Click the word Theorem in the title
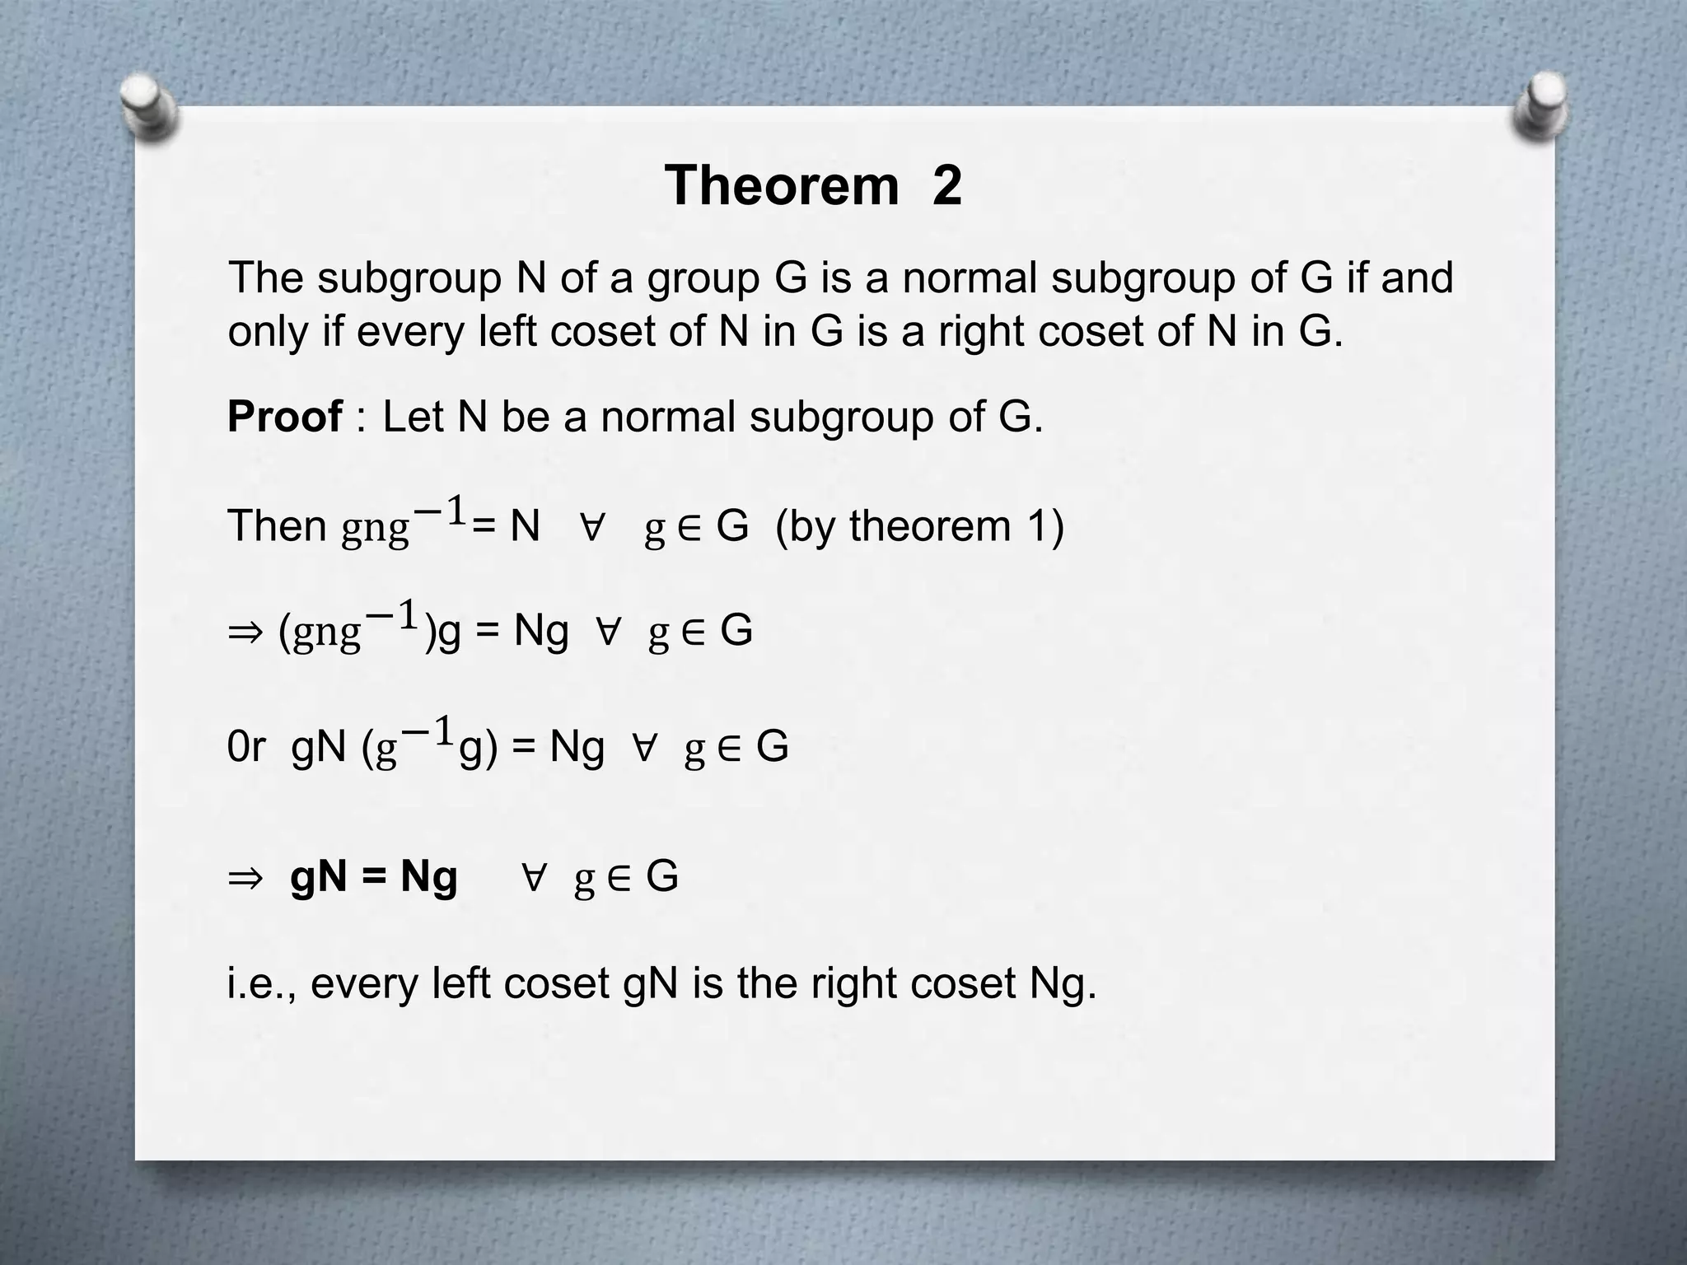click(x=782, y=185)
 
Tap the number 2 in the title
click(x=946, y=185)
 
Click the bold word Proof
click(x=284, y=416)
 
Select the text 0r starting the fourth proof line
click(x=245, y=746)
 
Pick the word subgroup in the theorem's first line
click(x=409, y=278)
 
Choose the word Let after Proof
click(x=414, y=416)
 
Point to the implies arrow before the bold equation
click(x=245, y=877)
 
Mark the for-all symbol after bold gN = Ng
click(x=533, y=878)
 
